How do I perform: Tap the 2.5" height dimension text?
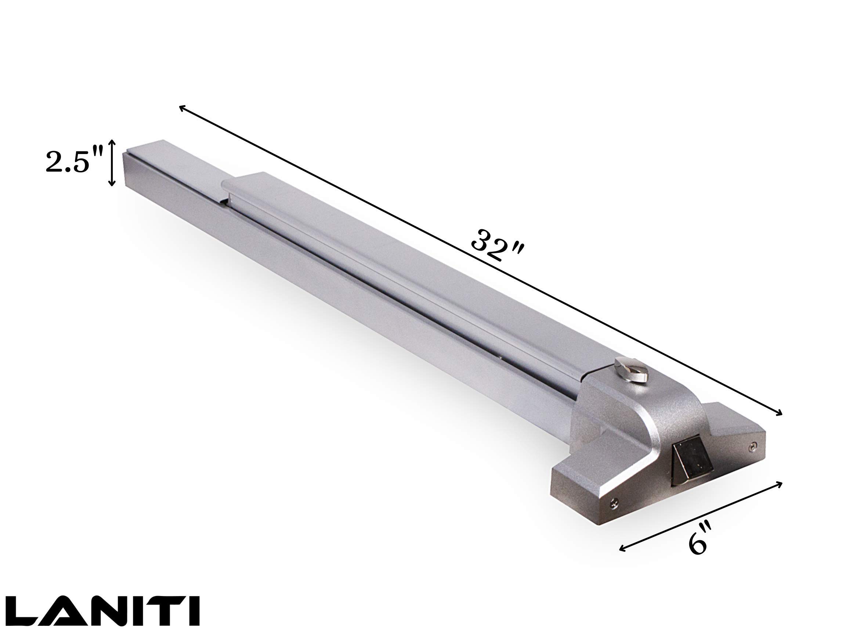[x=73, y=162]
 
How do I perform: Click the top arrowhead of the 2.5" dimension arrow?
[x=112, y=141]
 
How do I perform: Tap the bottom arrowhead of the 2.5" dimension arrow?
[x=112, y=185]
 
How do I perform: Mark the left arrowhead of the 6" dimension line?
[x=621, y=549]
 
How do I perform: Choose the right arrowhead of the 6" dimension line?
[x=780, y=484]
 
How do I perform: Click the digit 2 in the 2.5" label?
[x=54, y=162]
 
